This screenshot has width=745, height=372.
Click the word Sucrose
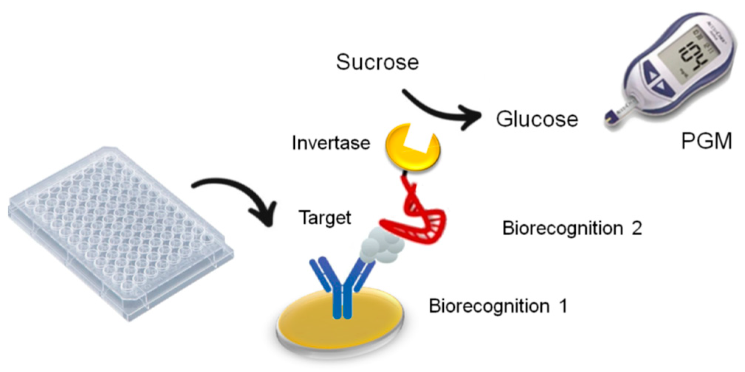pyautogui.click(x=377, y=62)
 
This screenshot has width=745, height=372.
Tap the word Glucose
pyautogui.click(x=537, y=119)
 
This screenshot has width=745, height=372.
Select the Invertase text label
pyautogui.click(x=331, y=143)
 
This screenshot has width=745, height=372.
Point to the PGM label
pyautogui.click(x=706, y=141)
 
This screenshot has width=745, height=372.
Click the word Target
pyautogui.click(x=325, y=218)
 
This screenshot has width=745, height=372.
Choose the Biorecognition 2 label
pyautogui.click(x=572, y=228)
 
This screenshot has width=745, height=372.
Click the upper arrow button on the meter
pyautogui.click(x=652, y=74)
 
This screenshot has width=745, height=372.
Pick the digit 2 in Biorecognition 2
pyautogui.click(x=637, y=228)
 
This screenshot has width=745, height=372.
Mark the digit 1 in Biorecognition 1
pyautogui.click(x=563, y=306)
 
